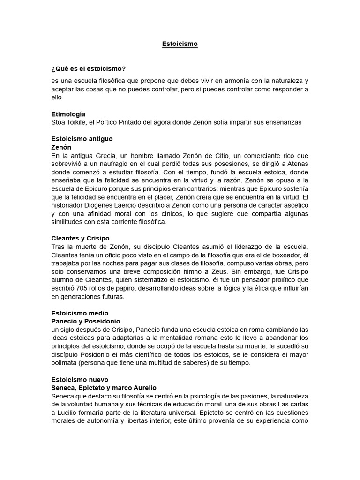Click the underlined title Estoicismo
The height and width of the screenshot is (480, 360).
pyautogui.click(x=180, y=44)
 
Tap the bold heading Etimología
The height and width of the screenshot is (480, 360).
pyautogui.click(x=68, y=114)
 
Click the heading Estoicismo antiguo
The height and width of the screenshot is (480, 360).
pyautogui.click(x=82, y=139)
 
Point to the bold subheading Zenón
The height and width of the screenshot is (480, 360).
pyautogui.click(x=61, y=147)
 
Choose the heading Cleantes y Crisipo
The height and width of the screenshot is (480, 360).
pyautogui.click(x=80, y=239)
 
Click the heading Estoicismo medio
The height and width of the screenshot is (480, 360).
pyautogui.click(x=79, y=313)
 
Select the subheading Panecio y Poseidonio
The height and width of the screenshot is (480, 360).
pyautogui.click(x=86, y=321)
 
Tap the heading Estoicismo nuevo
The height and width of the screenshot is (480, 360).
pyautogui.click(x=80, y=380)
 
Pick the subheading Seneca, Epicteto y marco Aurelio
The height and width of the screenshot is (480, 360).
pyautogui.click(x=104, y=388)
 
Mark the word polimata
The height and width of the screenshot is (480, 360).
pyautogui.click(x=66, y=362)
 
